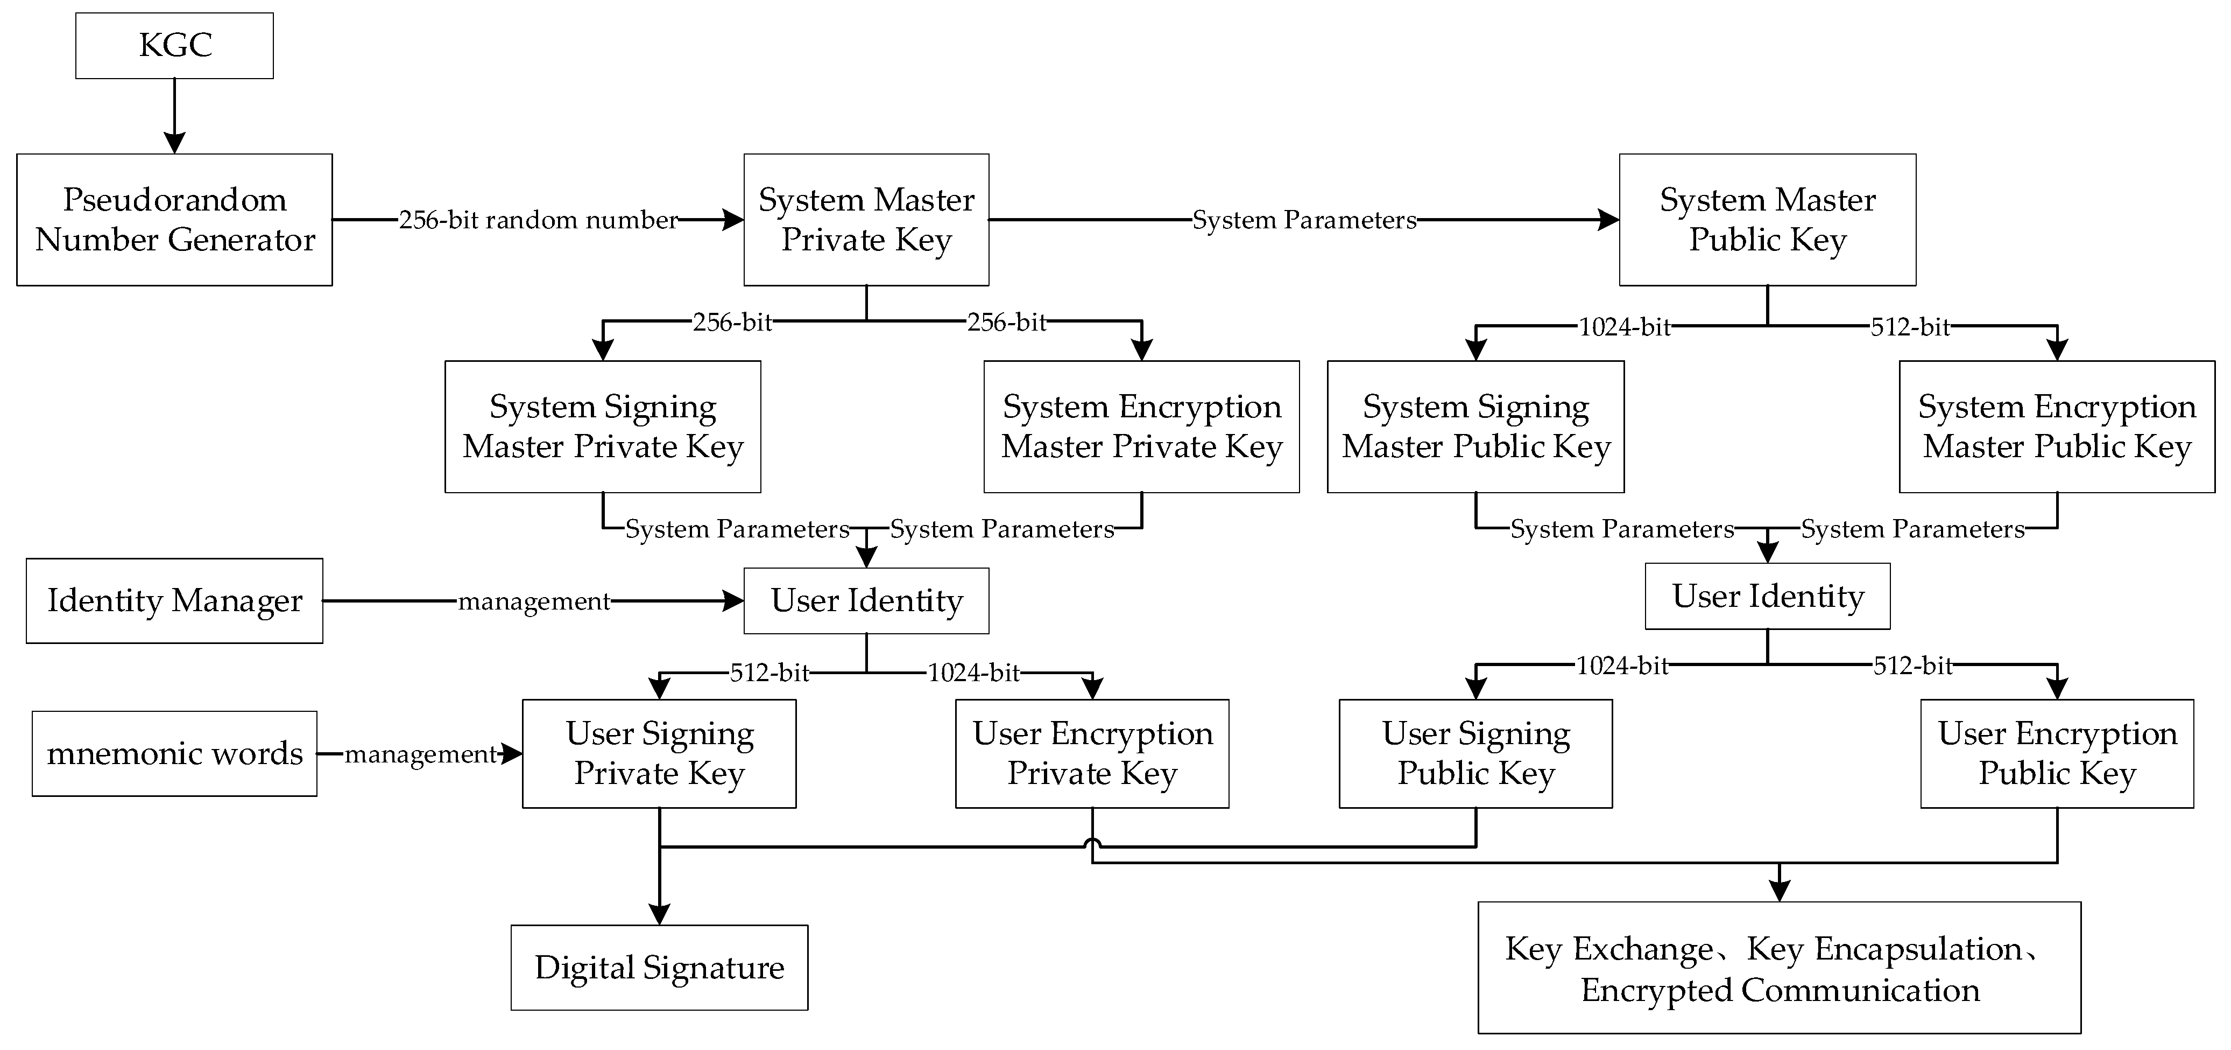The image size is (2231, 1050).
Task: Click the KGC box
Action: pos(174,45)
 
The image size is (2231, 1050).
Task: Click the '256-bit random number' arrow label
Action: pos(538,220)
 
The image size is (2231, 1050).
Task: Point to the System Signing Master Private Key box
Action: pos(603,426)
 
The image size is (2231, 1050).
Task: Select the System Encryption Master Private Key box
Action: pos(1141,426)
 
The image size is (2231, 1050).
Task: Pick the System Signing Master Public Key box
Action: pos(1475,426)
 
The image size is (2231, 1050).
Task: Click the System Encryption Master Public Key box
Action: pos(2057,426)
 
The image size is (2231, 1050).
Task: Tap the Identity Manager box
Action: pos(174,600)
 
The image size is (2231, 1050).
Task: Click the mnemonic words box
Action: pos(174,754)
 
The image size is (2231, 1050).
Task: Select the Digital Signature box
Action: pos(659,967)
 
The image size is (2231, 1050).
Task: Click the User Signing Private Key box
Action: pos(659,754)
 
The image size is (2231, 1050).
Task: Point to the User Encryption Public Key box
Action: pos(2057,754)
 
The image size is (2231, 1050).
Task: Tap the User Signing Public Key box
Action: pos(1475,754)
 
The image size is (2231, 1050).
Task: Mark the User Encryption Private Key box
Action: pos(1092,754)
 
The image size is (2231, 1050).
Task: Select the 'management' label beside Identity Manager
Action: pos(533,601)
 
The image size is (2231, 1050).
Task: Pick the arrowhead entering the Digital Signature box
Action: pos(659,914)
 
